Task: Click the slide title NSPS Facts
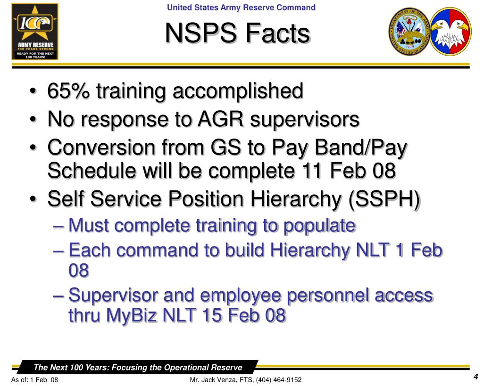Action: point(238,34)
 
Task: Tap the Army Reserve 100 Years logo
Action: point(35,32)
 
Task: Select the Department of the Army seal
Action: point(408,32)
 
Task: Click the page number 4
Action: point(476,377)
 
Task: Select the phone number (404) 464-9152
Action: point(279,380)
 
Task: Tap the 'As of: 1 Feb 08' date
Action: point(34,380)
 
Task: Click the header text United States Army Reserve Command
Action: point(241,8)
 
